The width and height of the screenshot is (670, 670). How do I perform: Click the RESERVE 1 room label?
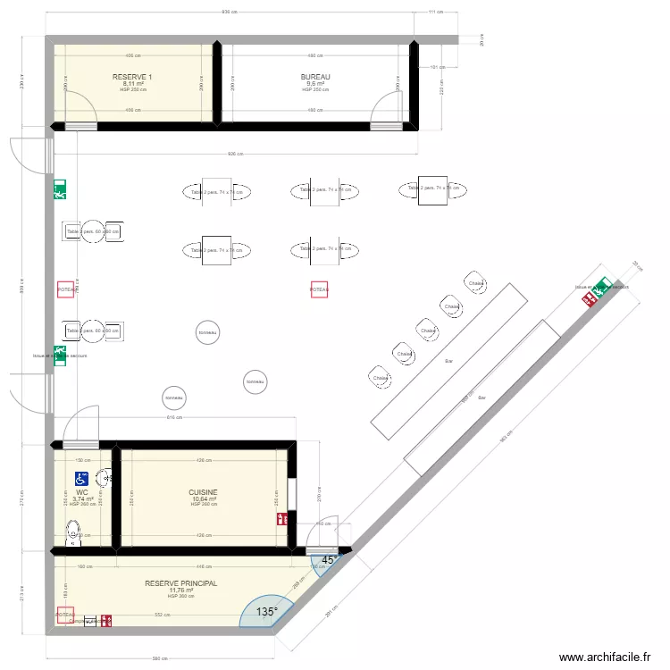[x=132, y=77]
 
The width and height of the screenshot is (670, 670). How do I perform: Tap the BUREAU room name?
[x=315, y=77]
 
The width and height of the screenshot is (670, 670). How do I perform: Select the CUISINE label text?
[x=203, y=492]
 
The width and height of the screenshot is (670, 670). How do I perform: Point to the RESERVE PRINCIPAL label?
[x=181, y=583]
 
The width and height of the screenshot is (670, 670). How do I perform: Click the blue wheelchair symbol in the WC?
[x=80, y=479]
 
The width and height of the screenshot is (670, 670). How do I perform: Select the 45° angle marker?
[x=330, y=561]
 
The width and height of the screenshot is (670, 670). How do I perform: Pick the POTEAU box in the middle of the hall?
[x=319, y=290]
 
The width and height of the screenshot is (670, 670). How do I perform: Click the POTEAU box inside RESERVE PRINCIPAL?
[x=65, y=615]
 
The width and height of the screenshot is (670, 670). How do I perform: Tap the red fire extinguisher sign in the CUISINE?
[x=282, y=518]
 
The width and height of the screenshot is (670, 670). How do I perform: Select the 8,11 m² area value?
[x=132, y=84]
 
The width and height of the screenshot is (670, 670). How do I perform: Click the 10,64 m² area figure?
[x=203, y=499]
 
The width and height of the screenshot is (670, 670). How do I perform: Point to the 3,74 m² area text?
[x=82, y=498]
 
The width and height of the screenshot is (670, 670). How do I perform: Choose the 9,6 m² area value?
[x=315, y=84]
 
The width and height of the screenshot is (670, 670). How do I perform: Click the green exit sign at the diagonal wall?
[x=604, y=286]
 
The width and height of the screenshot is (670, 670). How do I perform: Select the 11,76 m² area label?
[x=181, y=590]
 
